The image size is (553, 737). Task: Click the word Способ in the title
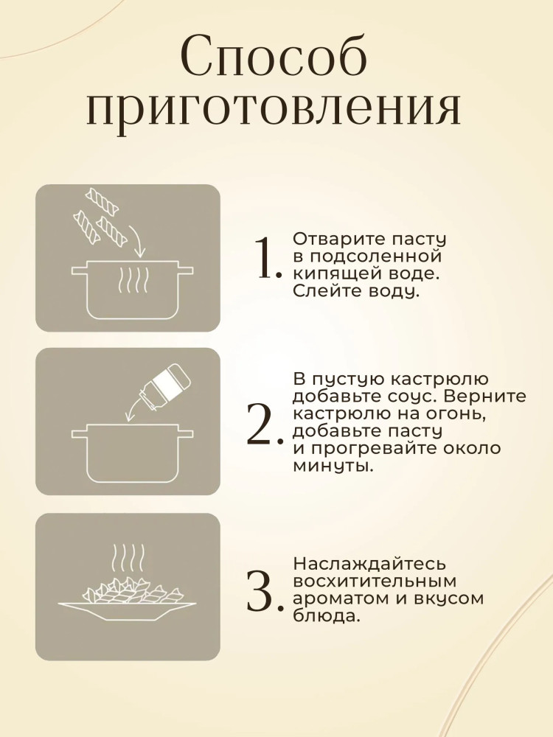click(274, 55)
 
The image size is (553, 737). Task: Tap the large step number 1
click(267, 258)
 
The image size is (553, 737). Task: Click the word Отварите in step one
click(339, 239)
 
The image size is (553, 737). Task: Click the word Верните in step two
click(485, 397)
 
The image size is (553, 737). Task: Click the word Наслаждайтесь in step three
click(369, 564)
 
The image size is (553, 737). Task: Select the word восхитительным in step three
click(375, 581)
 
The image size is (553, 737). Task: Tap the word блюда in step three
click(327, 616)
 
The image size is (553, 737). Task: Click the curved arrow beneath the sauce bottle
click(132, 410)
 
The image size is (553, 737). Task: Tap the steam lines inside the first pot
click(133, 281)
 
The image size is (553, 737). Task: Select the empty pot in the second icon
click(132, 453)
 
